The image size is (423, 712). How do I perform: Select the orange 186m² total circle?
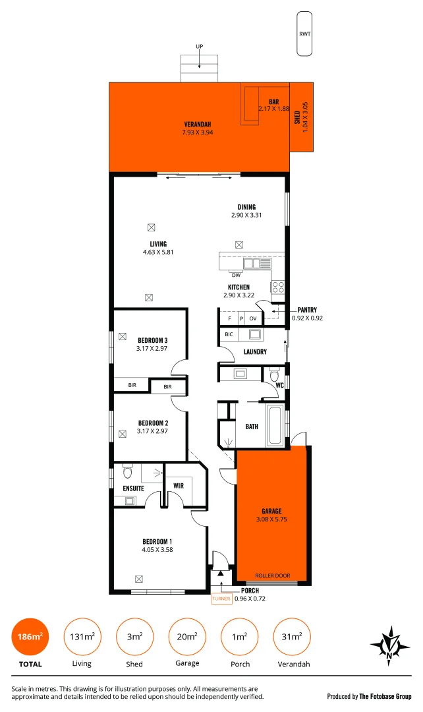30,637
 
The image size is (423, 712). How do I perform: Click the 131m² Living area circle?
82,637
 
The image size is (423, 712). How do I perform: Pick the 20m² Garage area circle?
186,637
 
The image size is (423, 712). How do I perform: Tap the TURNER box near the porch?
221,599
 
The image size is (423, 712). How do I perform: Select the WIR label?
178,486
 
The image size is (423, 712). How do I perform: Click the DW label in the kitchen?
236,275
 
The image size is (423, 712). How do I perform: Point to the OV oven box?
252,318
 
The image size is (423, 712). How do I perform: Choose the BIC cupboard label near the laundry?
229,334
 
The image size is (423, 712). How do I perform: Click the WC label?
279,384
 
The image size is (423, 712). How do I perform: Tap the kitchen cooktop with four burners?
277,287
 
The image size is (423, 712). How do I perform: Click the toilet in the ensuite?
127,472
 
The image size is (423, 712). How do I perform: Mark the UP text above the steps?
199,46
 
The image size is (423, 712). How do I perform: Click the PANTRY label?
307,310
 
